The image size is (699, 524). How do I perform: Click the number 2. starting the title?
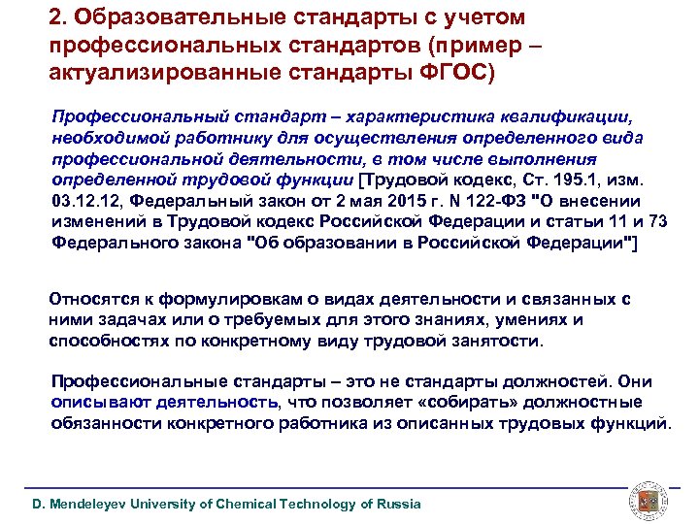pyautogui.click(x=56, y=18)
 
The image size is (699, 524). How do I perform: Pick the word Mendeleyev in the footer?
pyautogui.click(x=95, y=504)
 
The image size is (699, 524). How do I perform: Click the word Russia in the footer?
pyautogui.click(x=399, y=504)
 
